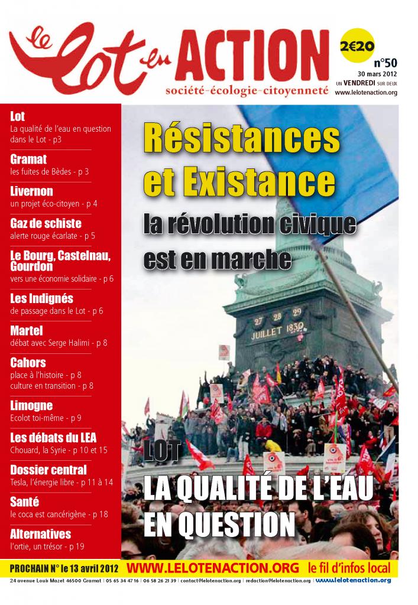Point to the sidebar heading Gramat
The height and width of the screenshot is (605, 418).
28,159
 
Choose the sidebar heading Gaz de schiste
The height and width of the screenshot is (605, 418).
46,223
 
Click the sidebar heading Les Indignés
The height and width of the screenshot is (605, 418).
41,298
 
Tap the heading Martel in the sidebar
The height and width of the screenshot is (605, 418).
27,330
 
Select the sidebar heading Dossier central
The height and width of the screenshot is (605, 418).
48,470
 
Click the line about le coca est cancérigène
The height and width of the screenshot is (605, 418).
59,514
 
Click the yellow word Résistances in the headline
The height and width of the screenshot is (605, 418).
242,139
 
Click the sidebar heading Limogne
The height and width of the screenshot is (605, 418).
31,405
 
